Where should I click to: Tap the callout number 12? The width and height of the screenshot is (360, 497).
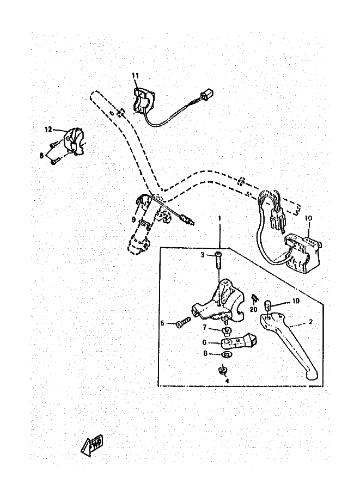click(48, 130)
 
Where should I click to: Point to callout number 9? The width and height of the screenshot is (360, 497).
click(132, 219)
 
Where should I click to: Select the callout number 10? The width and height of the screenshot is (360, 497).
click(308, 219)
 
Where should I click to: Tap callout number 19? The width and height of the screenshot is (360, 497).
click(296, 301)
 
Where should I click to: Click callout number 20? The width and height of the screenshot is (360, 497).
click(253, 309)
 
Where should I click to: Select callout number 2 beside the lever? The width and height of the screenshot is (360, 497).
click(310, 322)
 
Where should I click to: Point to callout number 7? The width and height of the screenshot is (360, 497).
click(205, 327)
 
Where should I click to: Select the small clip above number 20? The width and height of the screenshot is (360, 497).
click(254, 299)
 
